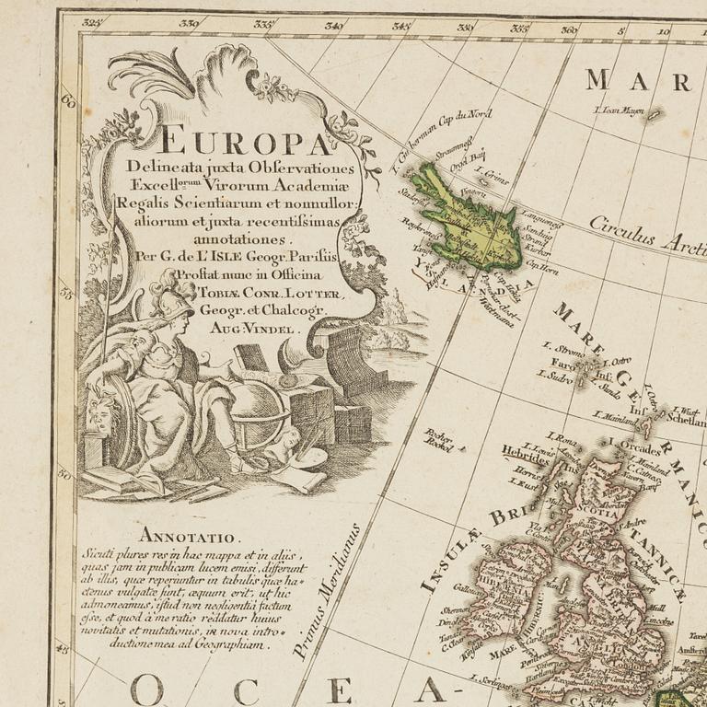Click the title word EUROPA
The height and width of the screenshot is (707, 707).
pyautogui.click(x=243, y=144)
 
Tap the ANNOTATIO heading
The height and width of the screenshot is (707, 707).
pyautogui.click(x=189, y=535)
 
